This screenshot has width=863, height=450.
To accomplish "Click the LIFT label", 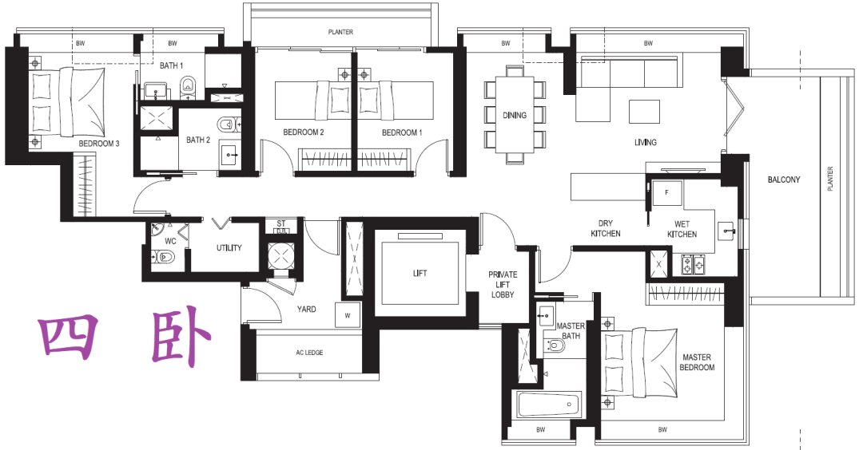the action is pos(420,273).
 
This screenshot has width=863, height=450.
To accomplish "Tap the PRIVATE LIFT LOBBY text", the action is pos(503,285).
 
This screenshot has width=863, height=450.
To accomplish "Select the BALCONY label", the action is pos(784,180).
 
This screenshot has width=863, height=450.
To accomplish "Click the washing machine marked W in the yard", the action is pos(348,315).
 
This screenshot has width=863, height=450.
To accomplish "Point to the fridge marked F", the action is pos(667,193).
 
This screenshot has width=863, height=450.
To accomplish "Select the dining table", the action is pos(515,115).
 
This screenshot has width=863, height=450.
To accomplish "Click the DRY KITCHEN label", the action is pos(606,228).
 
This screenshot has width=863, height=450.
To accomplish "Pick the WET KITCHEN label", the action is pos(682,229).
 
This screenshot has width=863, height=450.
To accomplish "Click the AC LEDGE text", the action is pos(309,353).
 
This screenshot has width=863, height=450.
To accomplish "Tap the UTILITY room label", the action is pos(229,248).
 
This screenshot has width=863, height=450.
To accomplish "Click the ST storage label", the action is pos(281,223).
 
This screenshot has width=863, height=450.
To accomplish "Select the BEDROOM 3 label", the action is pos(99,144).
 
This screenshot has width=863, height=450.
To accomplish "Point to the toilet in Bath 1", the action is pos(189,85).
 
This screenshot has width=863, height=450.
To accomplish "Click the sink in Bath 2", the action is pos(229,156).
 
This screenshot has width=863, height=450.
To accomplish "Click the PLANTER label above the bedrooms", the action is pos(340,32).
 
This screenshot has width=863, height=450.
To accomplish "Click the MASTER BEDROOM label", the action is pos(697,362).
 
